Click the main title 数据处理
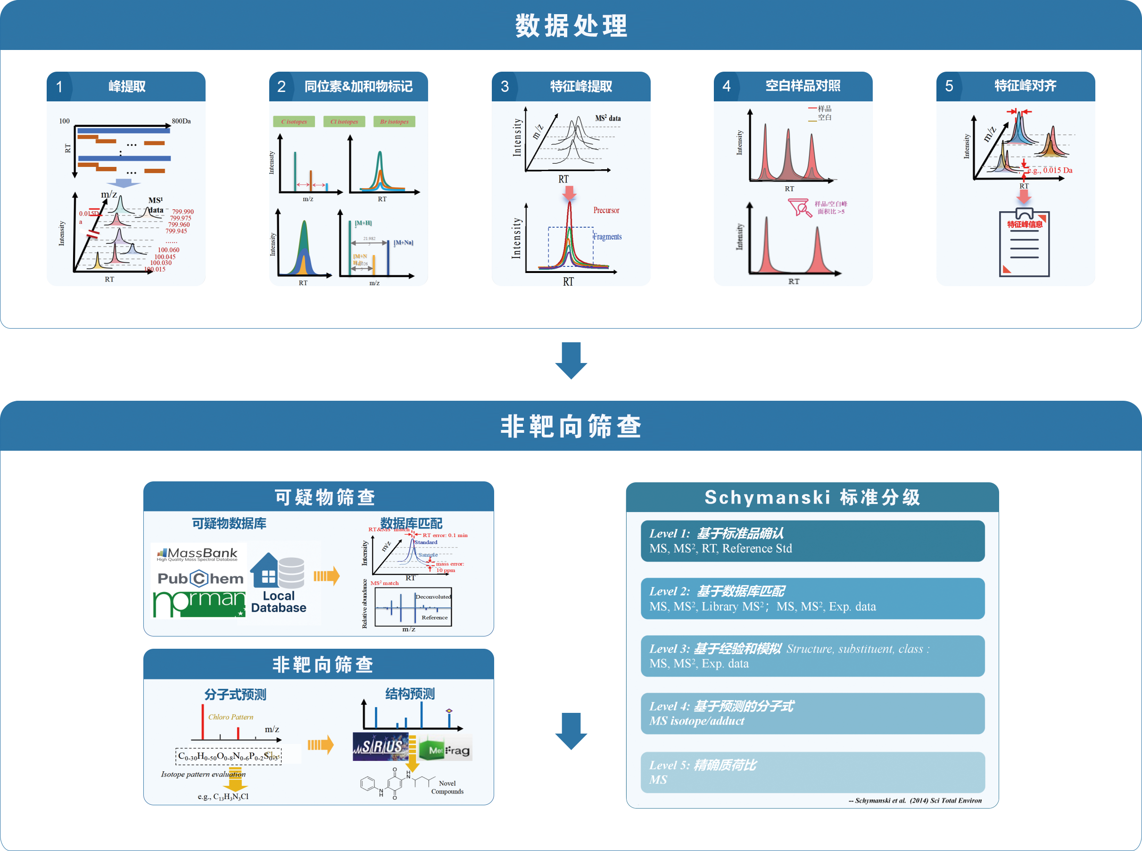click(571, 26)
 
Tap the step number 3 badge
click(505, 87)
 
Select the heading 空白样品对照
click(802, 86)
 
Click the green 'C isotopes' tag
click(294, 122)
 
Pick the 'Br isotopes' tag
click(394, 122)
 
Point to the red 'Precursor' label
click(606, 210)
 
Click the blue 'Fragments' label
click(607, 237)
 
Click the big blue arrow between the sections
click(570, 361)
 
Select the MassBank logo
click(198, 554)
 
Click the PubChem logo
click(200, 578)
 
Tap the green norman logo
click(199, 604)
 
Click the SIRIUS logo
click(380, 747)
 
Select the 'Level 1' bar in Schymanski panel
click(812, 541)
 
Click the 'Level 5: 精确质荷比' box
click(812, 772)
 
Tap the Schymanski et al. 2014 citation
click(915, 800)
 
